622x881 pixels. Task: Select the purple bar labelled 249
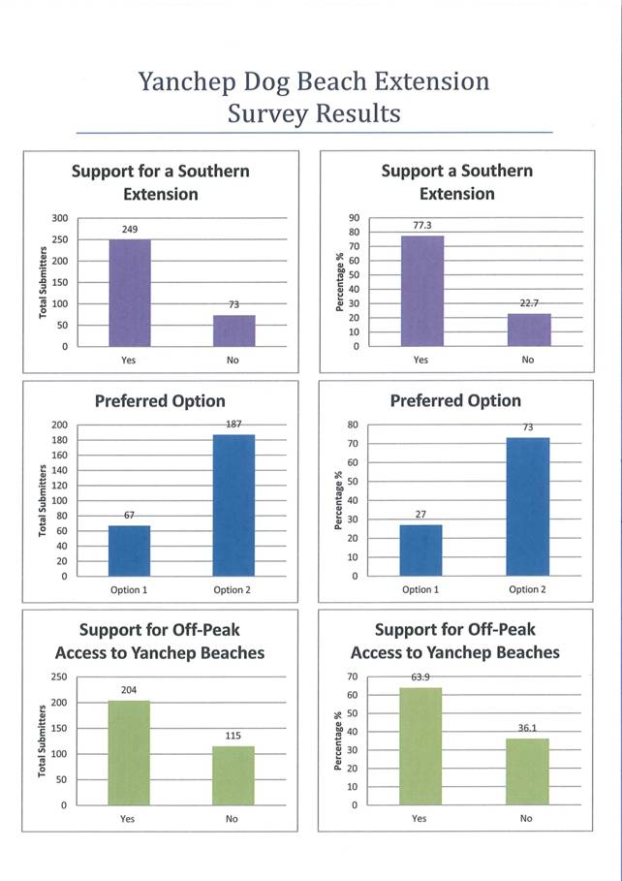129,293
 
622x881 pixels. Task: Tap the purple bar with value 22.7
528,330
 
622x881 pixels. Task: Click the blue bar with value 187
233,505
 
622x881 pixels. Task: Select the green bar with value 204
128,753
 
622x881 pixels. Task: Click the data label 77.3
420,225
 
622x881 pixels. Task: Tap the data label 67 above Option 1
128,515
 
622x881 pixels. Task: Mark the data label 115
233,736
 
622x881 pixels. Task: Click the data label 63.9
420,676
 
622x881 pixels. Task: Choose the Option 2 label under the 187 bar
233,589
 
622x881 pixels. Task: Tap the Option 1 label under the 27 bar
420,589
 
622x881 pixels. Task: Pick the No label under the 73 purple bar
233,361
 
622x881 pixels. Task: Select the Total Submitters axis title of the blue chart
42,501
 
